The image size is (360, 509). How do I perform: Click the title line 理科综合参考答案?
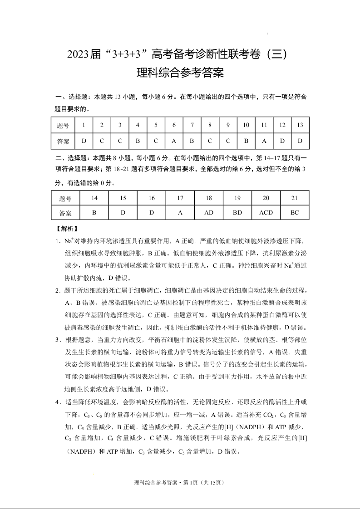tap(180, 73)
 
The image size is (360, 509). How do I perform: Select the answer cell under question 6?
tap(174, 141)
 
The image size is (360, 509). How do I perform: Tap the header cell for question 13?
tap(300, 125)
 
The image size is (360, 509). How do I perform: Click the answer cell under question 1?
tap(84, 141)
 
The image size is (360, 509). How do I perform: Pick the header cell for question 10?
tap(246, 125)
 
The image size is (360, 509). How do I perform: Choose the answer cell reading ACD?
tap(266, 212)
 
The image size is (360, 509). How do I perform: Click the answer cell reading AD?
tap(209, 212)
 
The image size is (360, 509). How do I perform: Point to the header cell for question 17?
tap(180, 198)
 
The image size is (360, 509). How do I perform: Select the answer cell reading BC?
tap(295, 212)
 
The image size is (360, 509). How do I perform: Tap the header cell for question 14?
tap(94, 198)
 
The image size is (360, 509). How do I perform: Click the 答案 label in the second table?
tap(65, 212)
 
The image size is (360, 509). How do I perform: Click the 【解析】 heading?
tap(67, 229)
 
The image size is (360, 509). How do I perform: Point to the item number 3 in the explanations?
tap(58, 339)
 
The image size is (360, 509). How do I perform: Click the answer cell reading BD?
tap(237, 212)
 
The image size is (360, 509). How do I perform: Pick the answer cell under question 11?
tap(264, 141)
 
